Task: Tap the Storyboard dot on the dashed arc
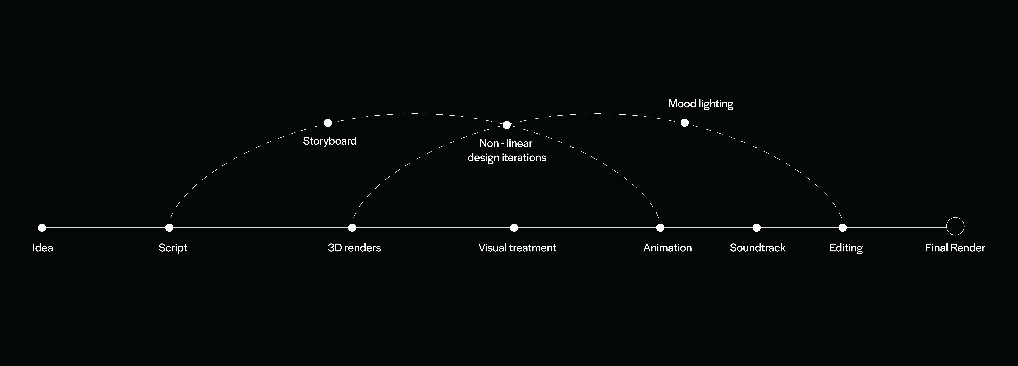coord(328,123)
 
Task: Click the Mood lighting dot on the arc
coord(685,123)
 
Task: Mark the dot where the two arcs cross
coord(507,125)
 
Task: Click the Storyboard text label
coord(330,141)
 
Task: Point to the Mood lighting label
coord(701,104)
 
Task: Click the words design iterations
coord(507,158)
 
